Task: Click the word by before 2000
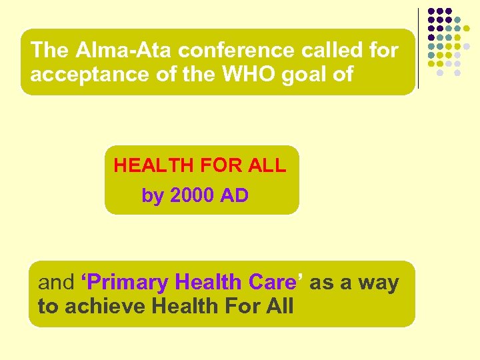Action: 152,197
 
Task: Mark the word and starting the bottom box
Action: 56,283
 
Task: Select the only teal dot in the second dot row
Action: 457,20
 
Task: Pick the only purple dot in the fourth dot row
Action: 431,37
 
